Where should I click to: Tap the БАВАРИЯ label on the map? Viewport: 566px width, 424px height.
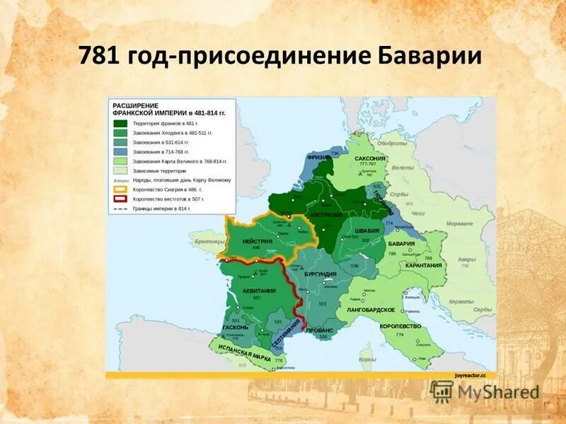point(401,244)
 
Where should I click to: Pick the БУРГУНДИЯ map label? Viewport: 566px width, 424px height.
point(320,273)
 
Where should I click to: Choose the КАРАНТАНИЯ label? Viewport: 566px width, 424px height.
point(424,265)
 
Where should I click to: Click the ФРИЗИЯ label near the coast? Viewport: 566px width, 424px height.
point(319,158)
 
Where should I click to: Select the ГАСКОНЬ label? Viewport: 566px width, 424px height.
point(234,328)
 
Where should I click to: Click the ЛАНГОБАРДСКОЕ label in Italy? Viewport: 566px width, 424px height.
point(371,310)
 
